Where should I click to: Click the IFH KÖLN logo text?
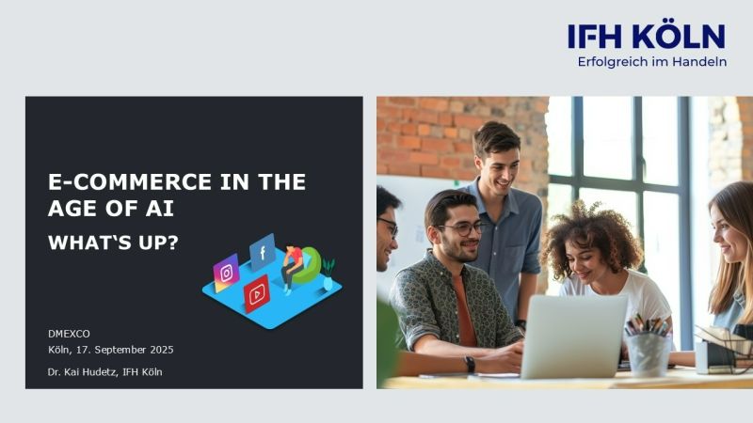click(646, 37)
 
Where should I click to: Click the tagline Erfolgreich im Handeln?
click(651, 62)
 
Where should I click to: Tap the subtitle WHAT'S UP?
click(114, 243)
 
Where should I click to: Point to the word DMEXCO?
click(68, 334)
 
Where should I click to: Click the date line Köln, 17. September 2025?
click(111, 350)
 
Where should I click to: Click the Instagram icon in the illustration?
click(226, 273)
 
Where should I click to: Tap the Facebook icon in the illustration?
click(262, 252)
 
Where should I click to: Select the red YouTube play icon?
click(256, 294)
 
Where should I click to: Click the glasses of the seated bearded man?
click(462, 227)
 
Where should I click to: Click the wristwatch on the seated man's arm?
click(470, 363)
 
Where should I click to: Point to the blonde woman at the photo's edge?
click(733, 254)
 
